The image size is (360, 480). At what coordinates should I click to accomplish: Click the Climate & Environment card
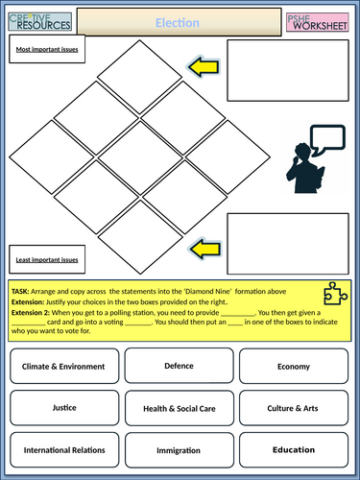click(x=63, y=366)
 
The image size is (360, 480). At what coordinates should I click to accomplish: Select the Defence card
click(x=179, y=366)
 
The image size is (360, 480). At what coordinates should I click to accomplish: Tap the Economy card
click(x=293, y=366)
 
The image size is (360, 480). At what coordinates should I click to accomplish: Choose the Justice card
click(x=63, y=407)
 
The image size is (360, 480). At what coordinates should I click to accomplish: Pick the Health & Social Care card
click(x=179, y=407)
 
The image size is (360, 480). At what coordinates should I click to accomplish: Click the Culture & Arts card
click(x=293, y=407)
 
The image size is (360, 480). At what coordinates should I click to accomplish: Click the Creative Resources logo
click(x=37, y=20)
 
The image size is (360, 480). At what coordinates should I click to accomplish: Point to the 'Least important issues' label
click(x=45, y=259)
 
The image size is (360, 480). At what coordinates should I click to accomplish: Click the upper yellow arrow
click(x=203, y=67)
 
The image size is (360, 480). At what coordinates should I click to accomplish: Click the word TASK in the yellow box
click(x=20, y=290)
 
